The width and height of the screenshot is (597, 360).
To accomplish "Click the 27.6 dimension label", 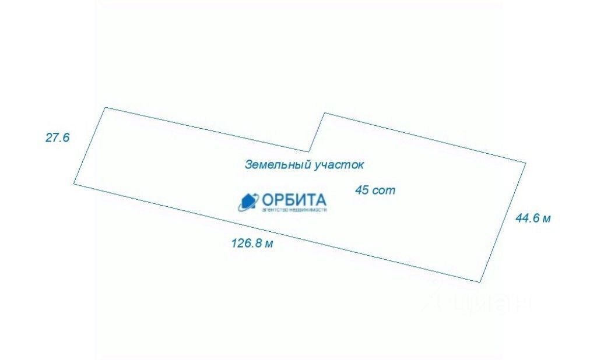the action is pyautogui.click(x=58, y=138).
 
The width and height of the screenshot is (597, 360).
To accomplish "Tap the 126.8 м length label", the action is pyautogui.click(x=252, y=243).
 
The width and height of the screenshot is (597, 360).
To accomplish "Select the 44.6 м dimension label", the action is pyautogui.click(x=533, y=218).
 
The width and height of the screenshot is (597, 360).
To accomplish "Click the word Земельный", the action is pyautogui.click(x=276, y=165).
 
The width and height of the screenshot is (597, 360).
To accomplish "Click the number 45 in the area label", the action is pyautogui.click(x=362, y=190).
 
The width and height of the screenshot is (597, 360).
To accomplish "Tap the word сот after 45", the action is pyautogui.click(x=383, y=190).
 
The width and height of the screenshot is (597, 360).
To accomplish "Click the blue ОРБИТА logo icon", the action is pyautogui.click(x=248, y=202).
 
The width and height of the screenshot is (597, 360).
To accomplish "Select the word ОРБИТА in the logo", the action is pyautogui.click(x=294, y=199).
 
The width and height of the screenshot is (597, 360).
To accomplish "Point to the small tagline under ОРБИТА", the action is pyautogui.click(x=294, y=210).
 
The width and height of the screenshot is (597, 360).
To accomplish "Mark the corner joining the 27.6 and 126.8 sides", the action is pyautogui.click(x=74, y=183).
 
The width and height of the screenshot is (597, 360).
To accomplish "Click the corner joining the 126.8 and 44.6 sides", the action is pyautogui.click(x=480, y=282).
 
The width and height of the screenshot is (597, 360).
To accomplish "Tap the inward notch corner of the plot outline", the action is pyautogui.click(x=308, y=151).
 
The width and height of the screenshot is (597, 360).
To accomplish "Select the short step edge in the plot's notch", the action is pyautogui.click(x=317, y=132).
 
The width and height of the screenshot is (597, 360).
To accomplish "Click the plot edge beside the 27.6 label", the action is pyautogui.click(x=89, y=146).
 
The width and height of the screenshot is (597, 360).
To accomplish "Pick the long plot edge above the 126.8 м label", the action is pyautogui.click(x=277, y=233).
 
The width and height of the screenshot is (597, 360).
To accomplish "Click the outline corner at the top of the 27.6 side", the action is pyautogui.click(x=105, y=108).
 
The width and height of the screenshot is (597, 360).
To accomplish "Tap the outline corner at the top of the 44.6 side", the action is pyautogui.click(x=525, y=163).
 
